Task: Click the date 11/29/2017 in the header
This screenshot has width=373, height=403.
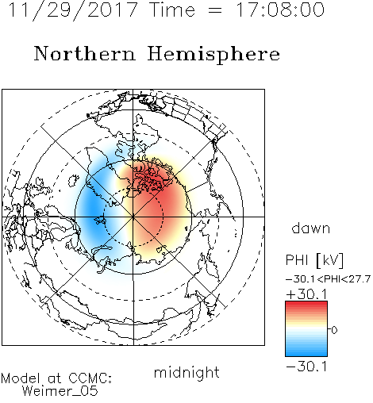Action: point(73,10)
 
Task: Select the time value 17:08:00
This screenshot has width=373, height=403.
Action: point(280,10)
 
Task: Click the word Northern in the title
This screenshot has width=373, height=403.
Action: point(85,54)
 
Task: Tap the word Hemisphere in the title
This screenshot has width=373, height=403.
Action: point(213,55)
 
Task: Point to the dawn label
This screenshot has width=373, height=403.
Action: point(311,228)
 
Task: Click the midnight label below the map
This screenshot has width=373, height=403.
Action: point(186,373)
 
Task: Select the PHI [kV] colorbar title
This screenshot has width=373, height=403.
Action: point(314,260)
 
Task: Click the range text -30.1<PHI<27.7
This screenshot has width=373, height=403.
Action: point(328,279)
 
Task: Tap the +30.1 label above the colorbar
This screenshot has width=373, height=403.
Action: point(307,294)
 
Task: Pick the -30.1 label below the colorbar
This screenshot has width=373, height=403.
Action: point(307,367)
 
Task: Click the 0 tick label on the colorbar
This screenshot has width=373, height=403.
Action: point(334,330)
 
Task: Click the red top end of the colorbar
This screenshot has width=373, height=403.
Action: point(306,303)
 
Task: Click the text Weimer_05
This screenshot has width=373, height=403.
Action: point(60,391)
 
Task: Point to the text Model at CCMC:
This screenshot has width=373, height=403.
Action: point(56,378)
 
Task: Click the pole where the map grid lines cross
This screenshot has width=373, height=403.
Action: point(133,217)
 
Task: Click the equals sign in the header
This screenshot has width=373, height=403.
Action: point(215,10)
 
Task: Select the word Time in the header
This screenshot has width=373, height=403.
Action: point(172,10)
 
